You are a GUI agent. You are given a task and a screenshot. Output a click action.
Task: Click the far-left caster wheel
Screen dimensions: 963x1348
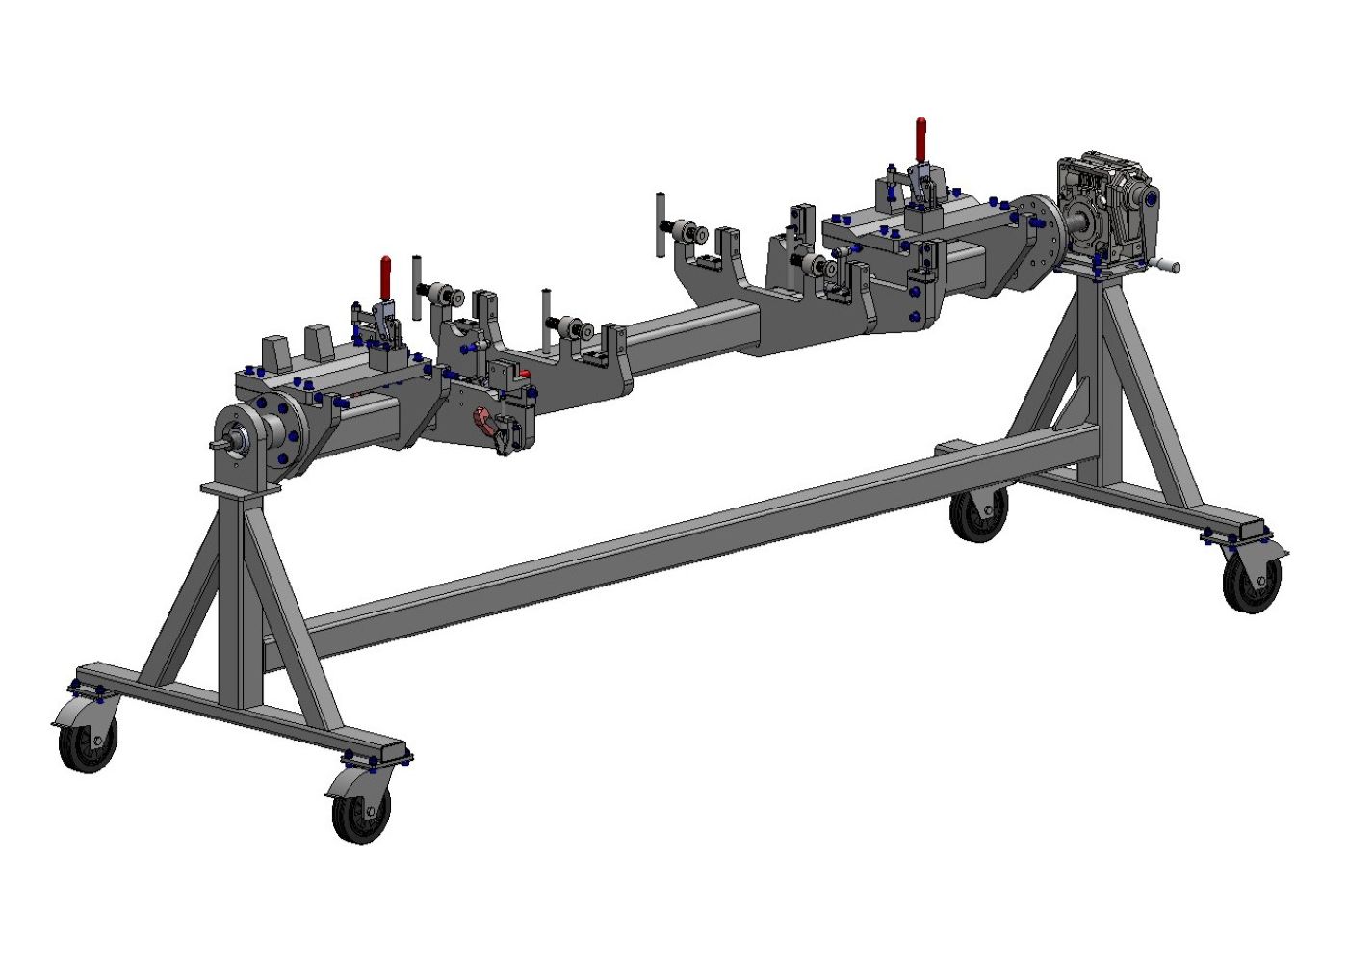click(x=88, y=742)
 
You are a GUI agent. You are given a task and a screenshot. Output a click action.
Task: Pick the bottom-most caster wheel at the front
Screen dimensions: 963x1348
click(x=361, y=814)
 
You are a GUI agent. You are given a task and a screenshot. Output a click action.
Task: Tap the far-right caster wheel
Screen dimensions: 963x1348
click(x=1252, y=583)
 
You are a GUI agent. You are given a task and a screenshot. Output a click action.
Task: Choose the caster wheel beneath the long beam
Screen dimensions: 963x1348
click(x=979, y=514)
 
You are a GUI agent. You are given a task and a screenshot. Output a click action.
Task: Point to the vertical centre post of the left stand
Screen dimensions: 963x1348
click(x=232, y=597)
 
